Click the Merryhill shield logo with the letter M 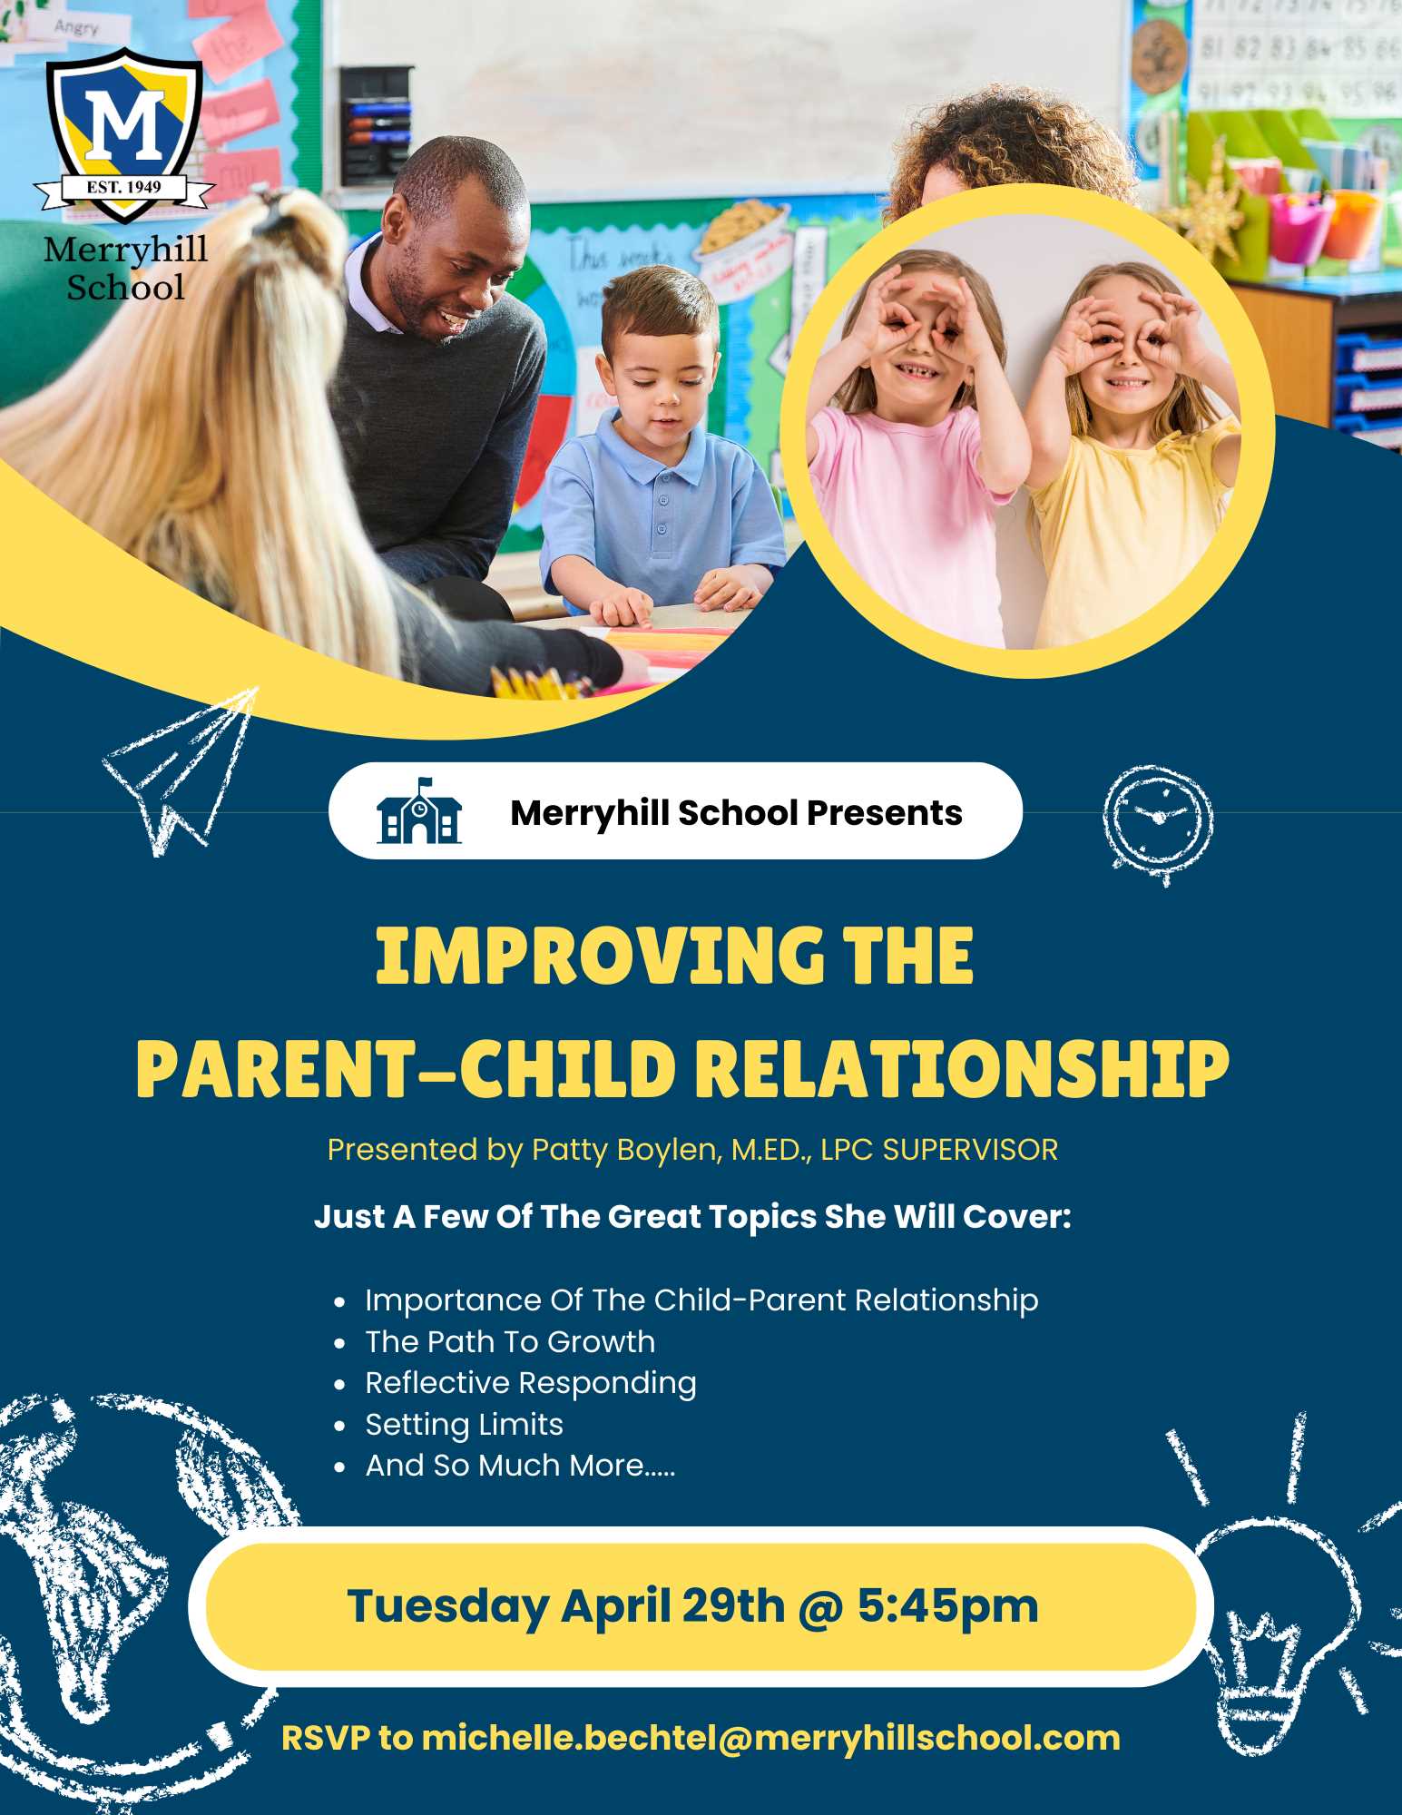point(124,136)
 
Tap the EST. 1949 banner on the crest point(124,188)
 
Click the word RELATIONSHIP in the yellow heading point(966,1068)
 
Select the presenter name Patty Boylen point(625,1150)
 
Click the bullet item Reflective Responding point(531,1383)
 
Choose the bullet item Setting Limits point(464,1425)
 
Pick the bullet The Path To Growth point(510,1341)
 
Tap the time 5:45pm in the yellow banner point(947,1606)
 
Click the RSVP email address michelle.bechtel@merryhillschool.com point(770,1739)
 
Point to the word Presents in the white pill point(884,813)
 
